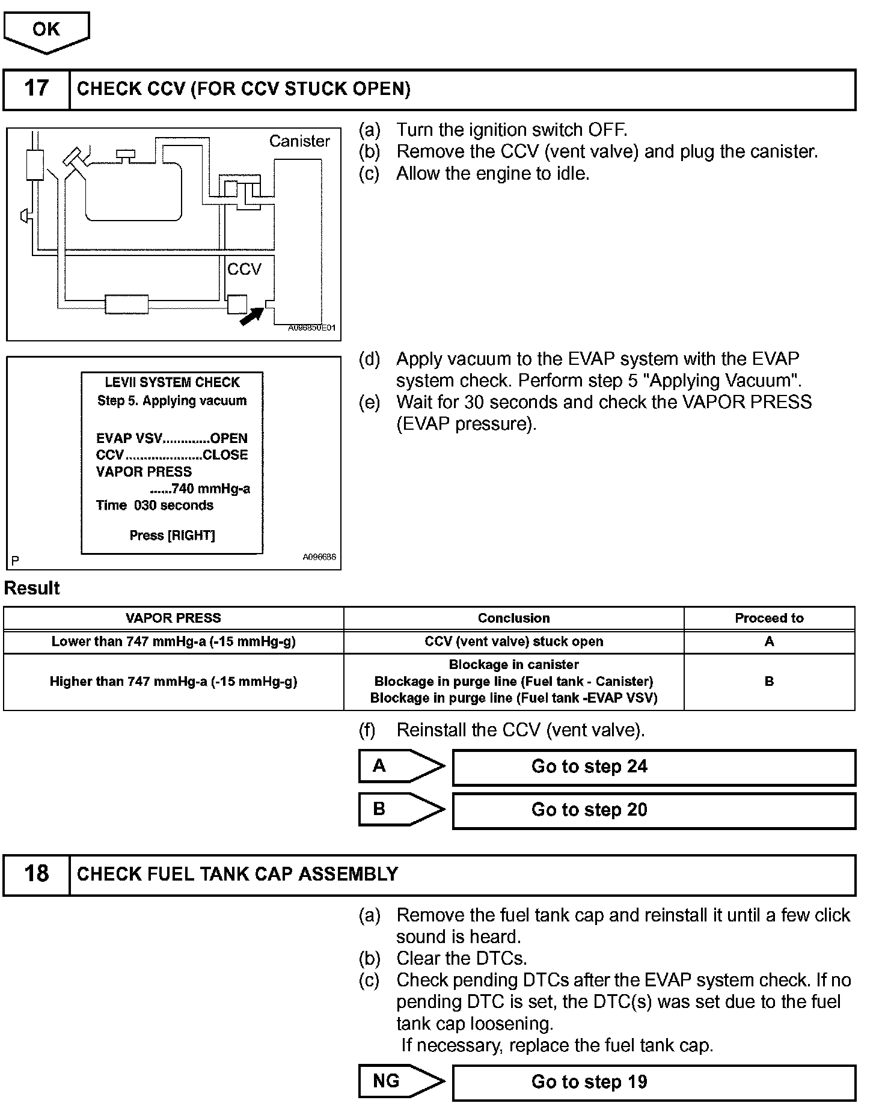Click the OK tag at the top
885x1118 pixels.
tap(46, 30)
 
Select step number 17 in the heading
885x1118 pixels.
tap(36, 89)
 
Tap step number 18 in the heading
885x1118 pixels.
tap(36, 874)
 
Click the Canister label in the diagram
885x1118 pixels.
tap(299, 141)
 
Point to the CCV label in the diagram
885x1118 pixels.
tap(244, 269)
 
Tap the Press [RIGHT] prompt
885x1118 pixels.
tap(172, 535)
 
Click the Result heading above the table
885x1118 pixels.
tap(32, 588)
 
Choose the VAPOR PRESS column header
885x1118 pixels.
tap(173, 618)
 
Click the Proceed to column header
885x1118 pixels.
tap(769, 618)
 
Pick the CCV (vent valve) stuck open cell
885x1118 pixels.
tap(513, 641)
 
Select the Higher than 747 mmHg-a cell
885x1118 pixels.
tap(173, 682)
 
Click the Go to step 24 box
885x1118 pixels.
tap(654, 767)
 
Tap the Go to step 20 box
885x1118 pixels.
tap(654, 810)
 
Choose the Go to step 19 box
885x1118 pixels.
tap(654, 1082)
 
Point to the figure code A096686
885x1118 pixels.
tap(319, 557)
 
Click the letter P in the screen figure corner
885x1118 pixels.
tap(15, 561)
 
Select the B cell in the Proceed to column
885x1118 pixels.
tap(769, 682)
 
